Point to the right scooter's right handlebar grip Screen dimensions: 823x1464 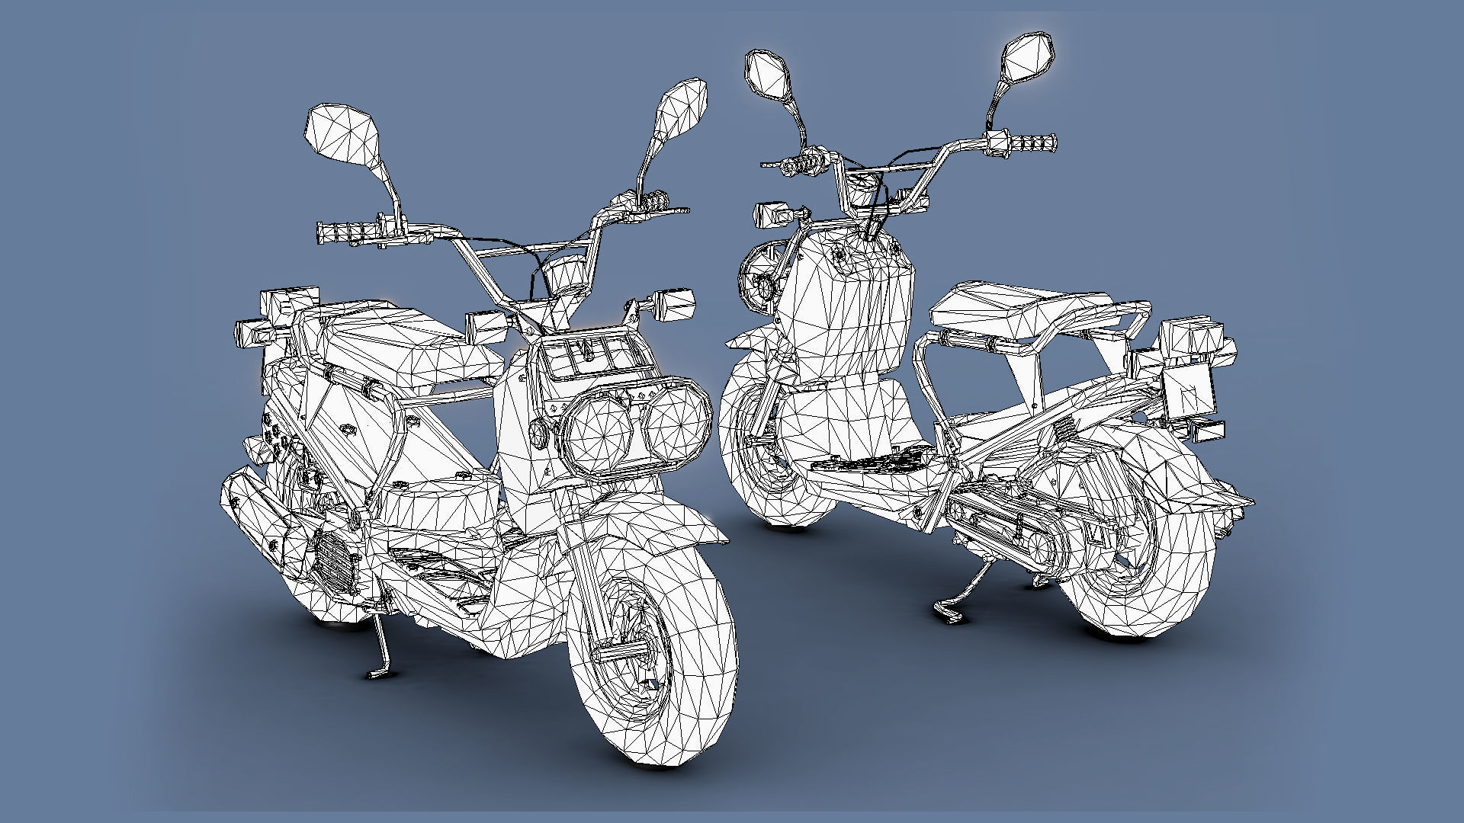point(1033,142)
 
